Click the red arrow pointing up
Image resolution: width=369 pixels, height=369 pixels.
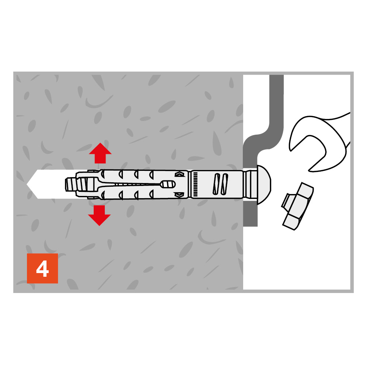click(100, 153)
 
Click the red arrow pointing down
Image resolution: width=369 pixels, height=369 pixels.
click(99, 215)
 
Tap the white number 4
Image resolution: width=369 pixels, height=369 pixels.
click(42, 269)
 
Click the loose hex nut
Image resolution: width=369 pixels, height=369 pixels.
click(298, 206)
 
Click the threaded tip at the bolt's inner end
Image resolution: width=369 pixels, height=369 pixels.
click(70, 184)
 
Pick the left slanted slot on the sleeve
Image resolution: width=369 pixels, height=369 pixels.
click(217, 184)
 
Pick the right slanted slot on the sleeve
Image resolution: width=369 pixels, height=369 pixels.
click(224, 184)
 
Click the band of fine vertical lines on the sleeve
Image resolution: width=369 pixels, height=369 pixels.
click(195, 184)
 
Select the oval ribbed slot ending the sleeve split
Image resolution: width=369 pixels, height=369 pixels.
click(168, 184)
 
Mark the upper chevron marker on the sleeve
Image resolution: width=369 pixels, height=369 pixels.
click(179, 175)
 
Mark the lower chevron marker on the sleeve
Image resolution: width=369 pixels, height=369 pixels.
click(179, 194)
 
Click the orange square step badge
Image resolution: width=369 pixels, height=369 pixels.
click(42, 269)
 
